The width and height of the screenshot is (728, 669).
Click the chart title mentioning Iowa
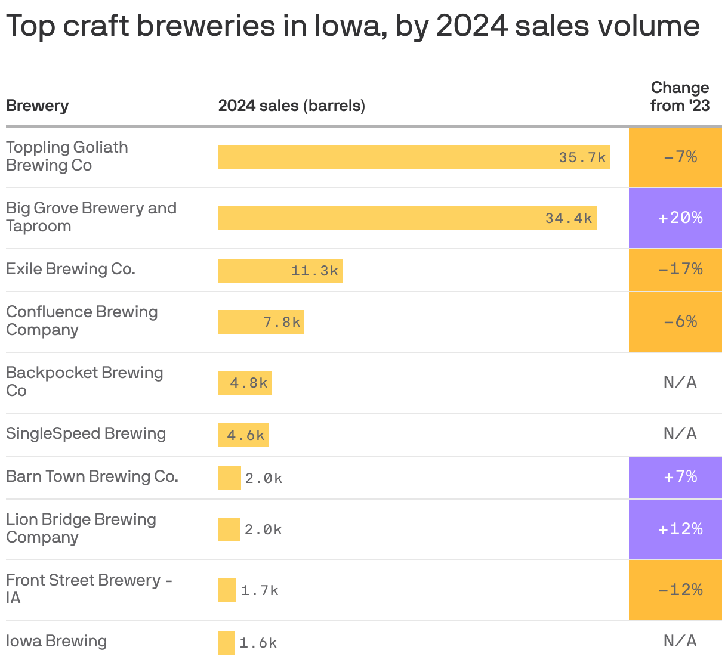pos(352,26)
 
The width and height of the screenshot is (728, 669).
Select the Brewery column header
pos(37,106)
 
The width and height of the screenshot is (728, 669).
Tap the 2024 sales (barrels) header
pos(291,106)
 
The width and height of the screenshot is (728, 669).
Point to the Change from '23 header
pos(680,97)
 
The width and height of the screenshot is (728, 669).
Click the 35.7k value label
pos(582,157)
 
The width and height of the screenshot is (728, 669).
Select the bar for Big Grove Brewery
pos(407,218)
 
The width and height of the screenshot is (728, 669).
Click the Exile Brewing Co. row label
pos(70,269)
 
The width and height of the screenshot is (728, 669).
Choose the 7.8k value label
pos(282,322)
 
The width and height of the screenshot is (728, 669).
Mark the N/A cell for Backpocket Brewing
pos(680,382)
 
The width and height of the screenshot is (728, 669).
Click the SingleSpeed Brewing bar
pos(243,435)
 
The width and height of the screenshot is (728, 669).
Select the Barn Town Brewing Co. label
pos(92,476)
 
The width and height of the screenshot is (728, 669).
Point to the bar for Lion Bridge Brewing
pos(229,529)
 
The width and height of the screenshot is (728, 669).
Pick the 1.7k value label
pos(260,590)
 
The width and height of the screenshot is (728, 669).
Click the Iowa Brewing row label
pos(56,641)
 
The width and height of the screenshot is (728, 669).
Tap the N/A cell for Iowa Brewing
pos(680,641)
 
